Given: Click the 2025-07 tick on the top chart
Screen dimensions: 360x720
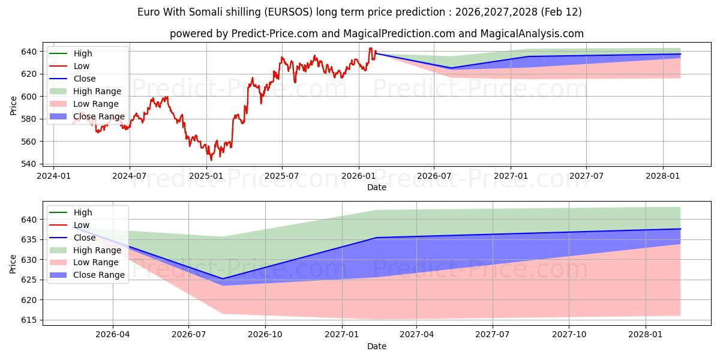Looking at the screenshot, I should click(282, 176).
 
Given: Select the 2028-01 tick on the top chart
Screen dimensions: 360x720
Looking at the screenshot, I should click(663, 176).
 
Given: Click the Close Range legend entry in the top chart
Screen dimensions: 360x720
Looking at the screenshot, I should click(99, 116).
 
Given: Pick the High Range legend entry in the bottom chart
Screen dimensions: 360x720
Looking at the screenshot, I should click(97, 250).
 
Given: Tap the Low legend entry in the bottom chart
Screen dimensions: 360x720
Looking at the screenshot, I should click(82, 225).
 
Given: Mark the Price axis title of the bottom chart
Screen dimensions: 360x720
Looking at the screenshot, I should click(13, 262).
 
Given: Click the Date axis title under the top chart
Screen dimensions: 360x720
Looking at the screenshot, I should click(376, 187).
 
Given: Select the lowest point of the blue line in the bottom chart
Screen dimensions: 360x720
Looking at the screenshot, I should click(223, 278).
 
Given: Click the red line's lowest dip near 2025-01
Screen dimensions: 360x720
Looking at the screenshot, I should click(211, 160).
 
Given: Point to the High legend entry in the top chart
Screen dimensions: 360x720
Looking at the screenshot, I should click(83, 54).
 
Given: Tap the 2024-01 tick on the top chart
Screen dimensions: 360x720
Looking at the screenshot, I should click(54, 176).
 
